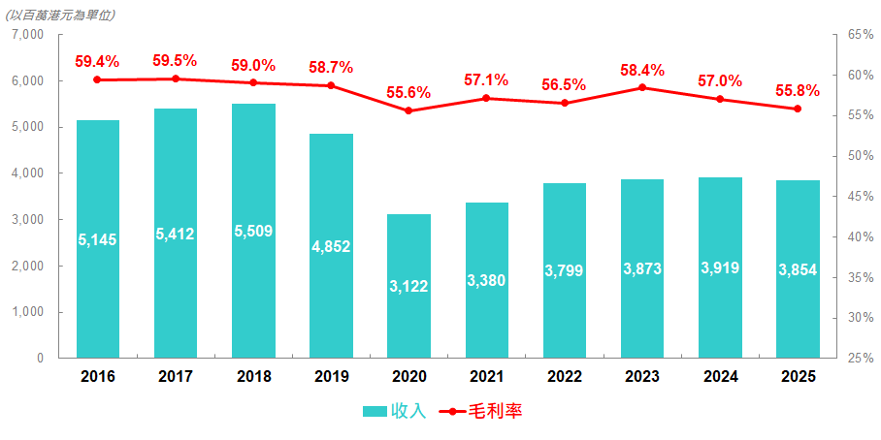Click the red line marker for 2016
(97, 79)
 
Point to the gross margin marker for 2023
(642, 88)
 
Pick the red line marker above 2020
(408, 110)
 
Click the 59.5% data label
(175, 60)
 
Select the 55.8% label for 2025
(798, 90)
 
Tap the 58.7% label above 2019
(331, 67)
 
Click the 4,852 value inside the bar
(331, 246)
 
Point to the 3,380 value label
(486, 280)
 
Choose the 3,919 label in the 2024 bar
(720, 268)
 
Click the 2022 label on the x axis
(564, 376)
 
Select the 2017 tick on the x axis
(175, 376)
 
